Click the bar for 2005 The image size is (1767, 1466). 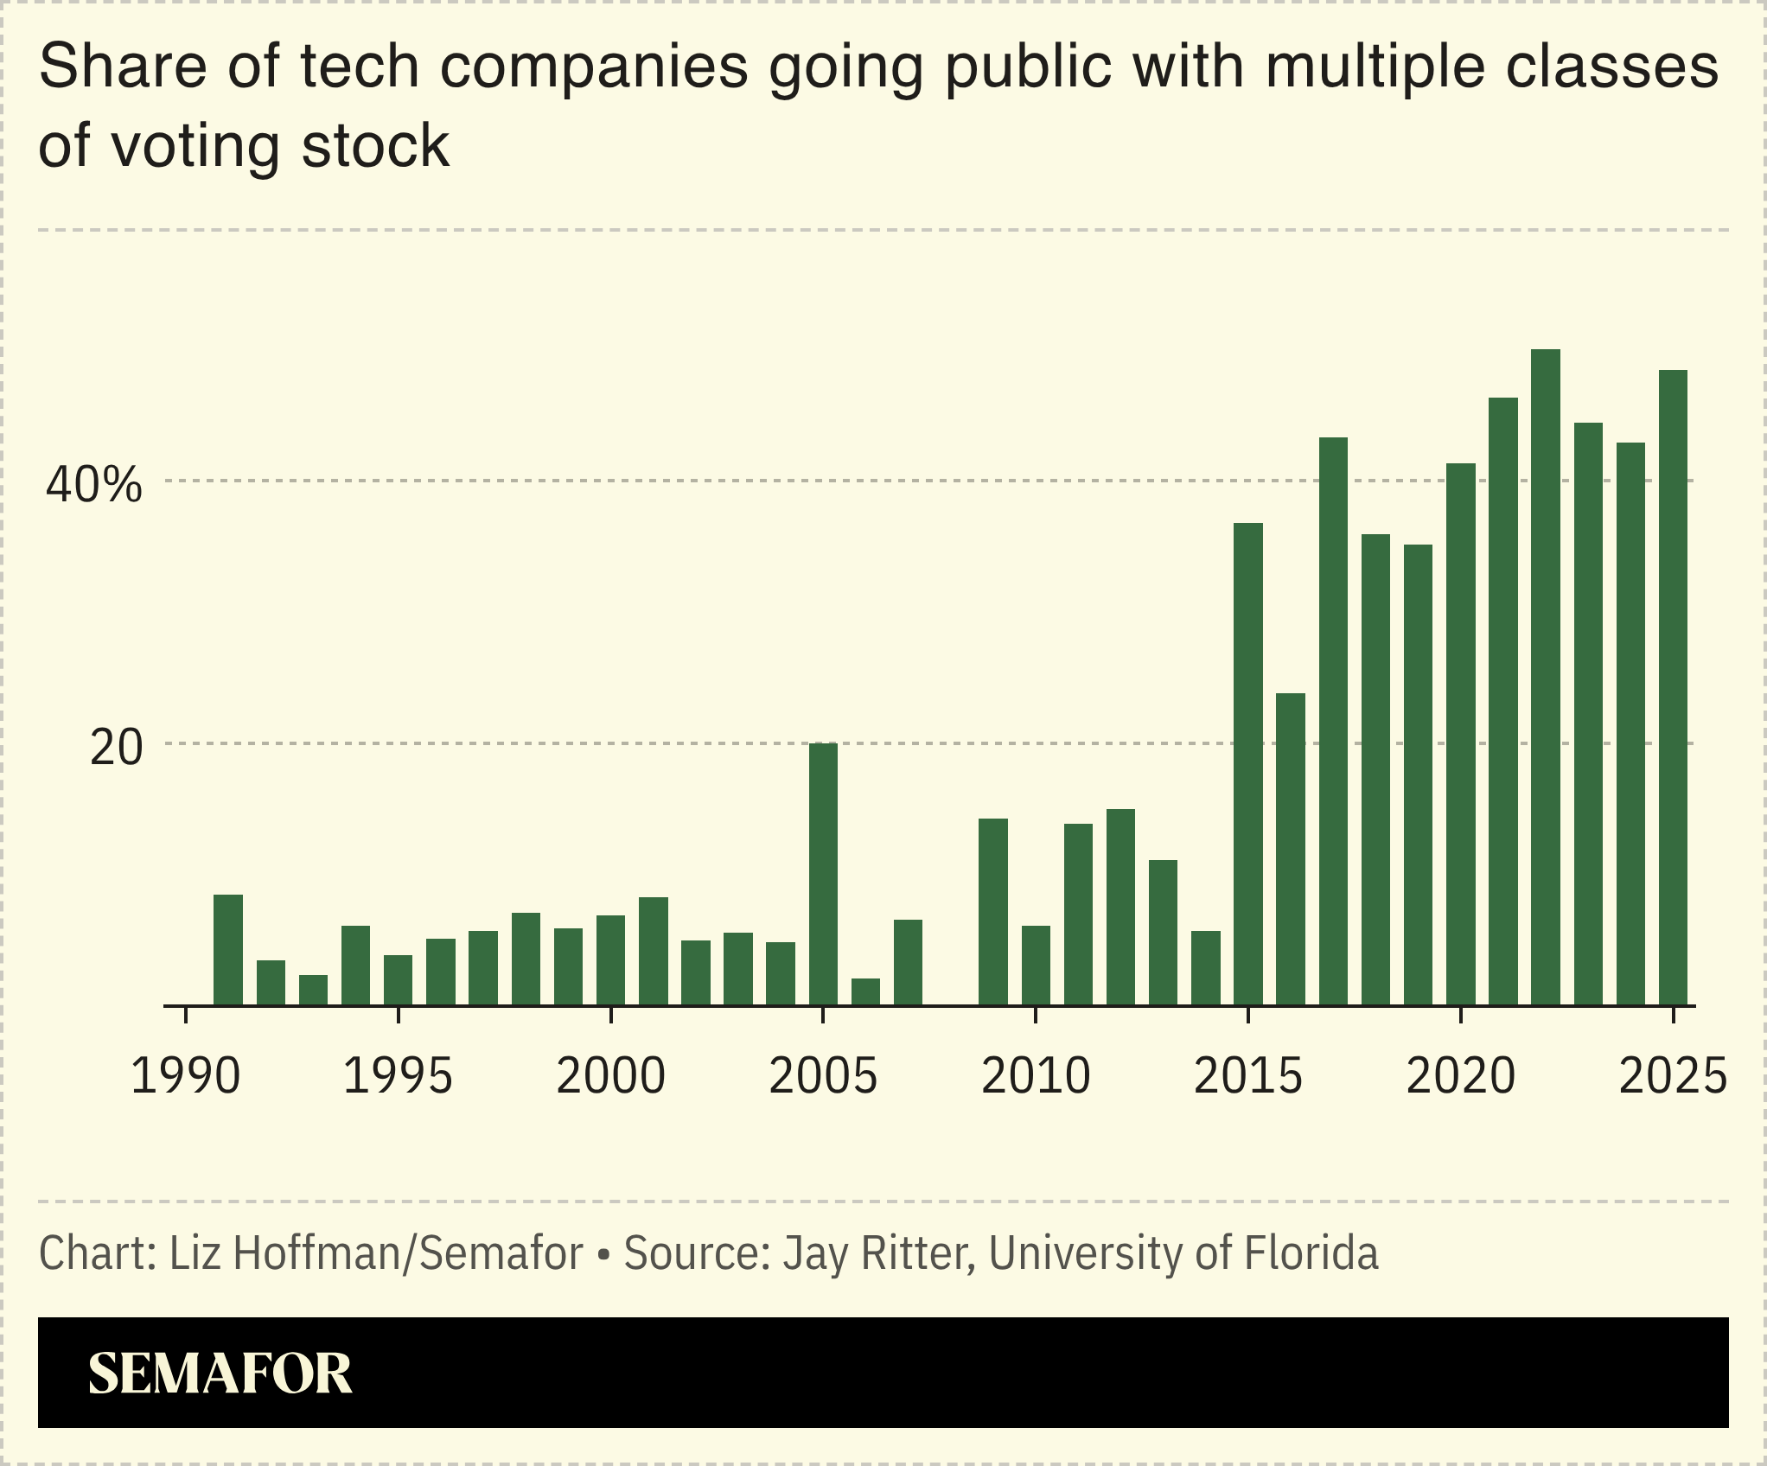(823, 873)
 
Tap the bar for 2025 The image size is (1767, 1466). (1673, 687)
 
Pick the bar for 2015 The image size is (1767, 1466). (1247, 764)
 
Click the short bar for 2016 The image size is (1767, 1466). (1290, 849)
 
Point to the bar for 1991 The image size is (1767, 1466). (227, 949)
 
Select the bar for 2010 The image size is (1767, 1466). (1035, 965)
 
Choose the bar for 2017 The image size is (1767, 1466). (1332, 721)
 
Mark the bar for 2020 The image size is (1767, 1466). (1460, 734)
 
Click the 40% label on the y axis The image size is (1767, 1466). (93, 485)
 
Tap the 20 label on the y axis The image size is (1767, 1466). (116, 748)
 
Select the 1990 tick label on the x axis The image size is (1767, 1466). (185, 1077)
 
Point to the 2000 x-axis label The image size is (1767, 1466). (610, 1077)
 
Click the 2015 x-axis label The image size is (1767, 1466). (1247, 1077)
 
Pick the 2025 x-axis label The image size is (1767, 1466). (1673, 1077)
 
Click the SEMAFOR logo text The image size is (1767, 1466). (220, 1374)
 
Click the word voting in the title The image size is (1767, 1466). (195, 147)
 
